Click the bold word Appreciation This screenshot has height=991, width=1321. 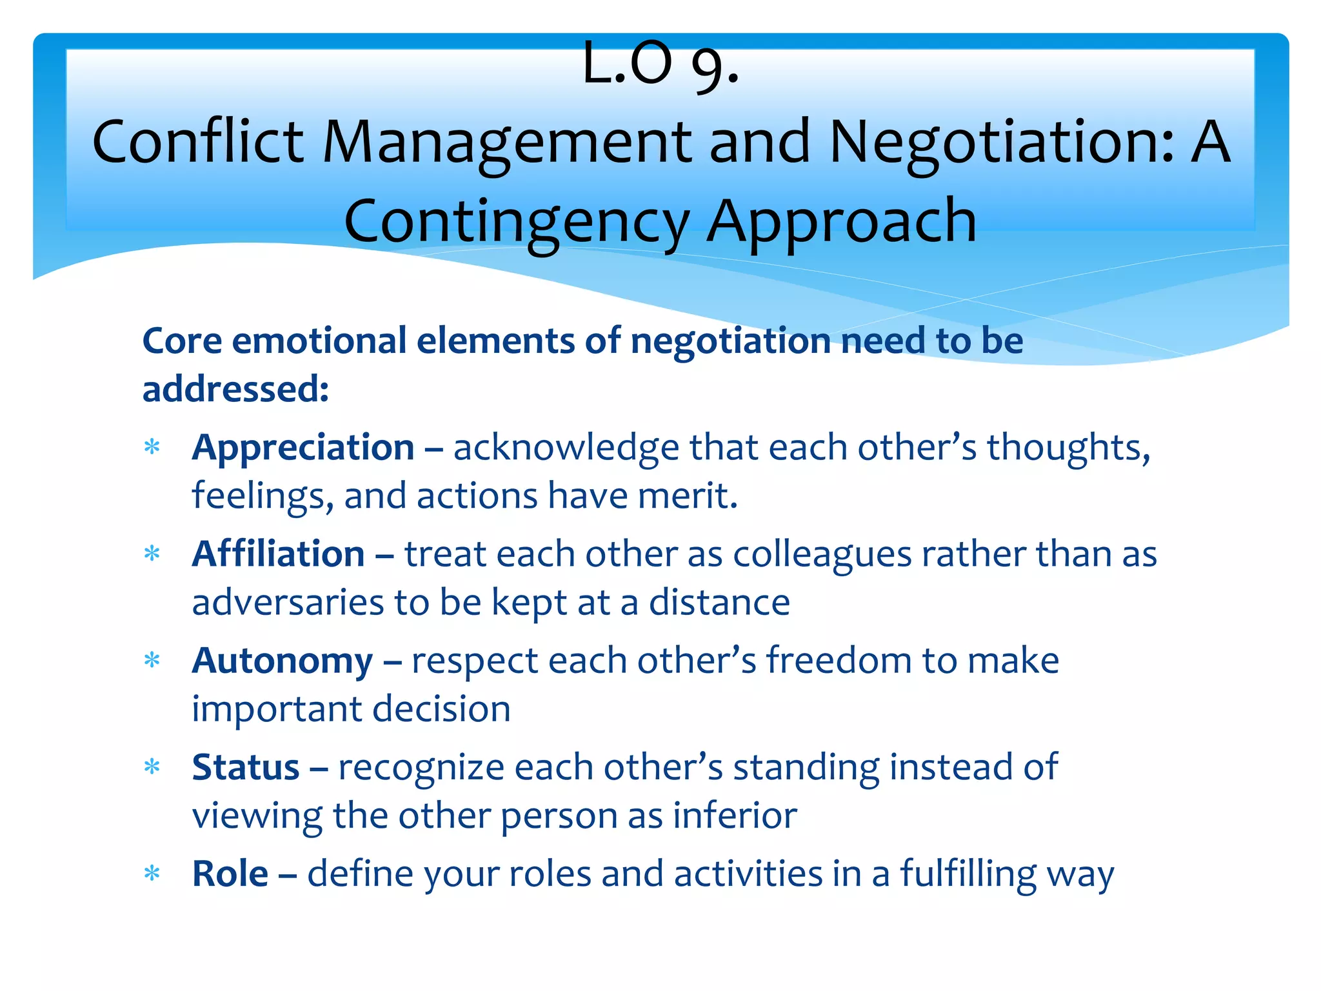pos(303,448)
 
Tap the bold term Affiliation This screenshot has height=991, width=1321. pos(278,554)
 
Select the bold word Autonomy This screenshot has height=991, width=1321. pos(282,661)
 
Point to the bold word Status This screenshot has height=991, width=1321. pos(245,768)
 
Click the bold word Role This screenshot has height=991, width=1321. pos(230,874)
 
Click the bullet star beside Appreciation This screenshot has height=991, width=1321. pos(152,447)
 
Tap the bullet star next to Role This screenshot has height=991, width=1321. pos(152,874)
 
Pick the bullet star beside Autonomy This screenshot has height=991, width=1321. pos(152,661)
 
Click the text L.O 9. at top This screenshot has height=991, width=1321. pos(660,64)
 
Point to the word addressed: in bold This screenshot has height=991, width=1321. pos(235,389)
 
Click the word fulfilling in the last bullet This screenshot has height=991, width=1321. pos(968,874)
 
